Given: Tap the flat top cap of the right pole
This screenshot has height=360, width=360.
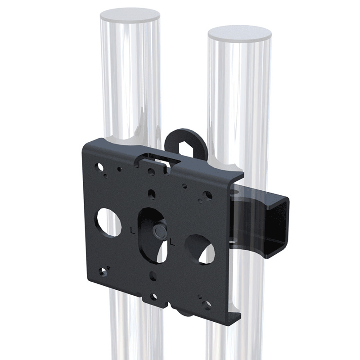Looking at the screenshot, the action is pos(240,34).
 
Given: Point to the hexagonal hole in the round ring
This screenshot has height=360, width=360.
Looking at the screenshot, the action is pos(186,148).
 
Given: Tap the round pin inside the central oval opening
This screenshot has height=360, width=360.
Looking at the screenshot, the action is pos(159,231).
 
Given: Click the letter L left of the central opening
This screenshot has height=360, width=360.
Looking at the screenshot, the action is pos(132,230).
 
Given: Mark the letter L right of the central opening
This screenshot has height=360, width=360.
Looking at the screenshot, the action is pos(172,242).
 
